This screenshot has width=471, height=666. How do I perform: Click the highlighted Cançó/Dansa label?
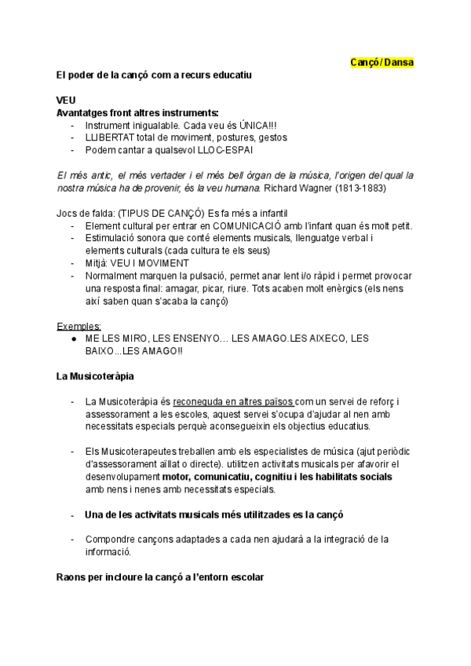pyautogui.click(x=382, y=62)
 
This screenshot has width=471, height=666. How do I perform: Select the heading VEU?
pyautogui.click(x=67, y=100)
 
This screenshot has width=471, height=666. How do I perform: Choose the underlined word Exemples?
pyautogui.click(x=78, y=325)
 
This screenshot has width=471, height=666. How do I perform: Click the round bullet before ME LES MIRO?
pyautogui.click(x=73, y=338)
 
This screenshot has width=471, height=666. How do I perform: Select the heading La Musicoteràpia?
pyautogui.click(x=95, y=375)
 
